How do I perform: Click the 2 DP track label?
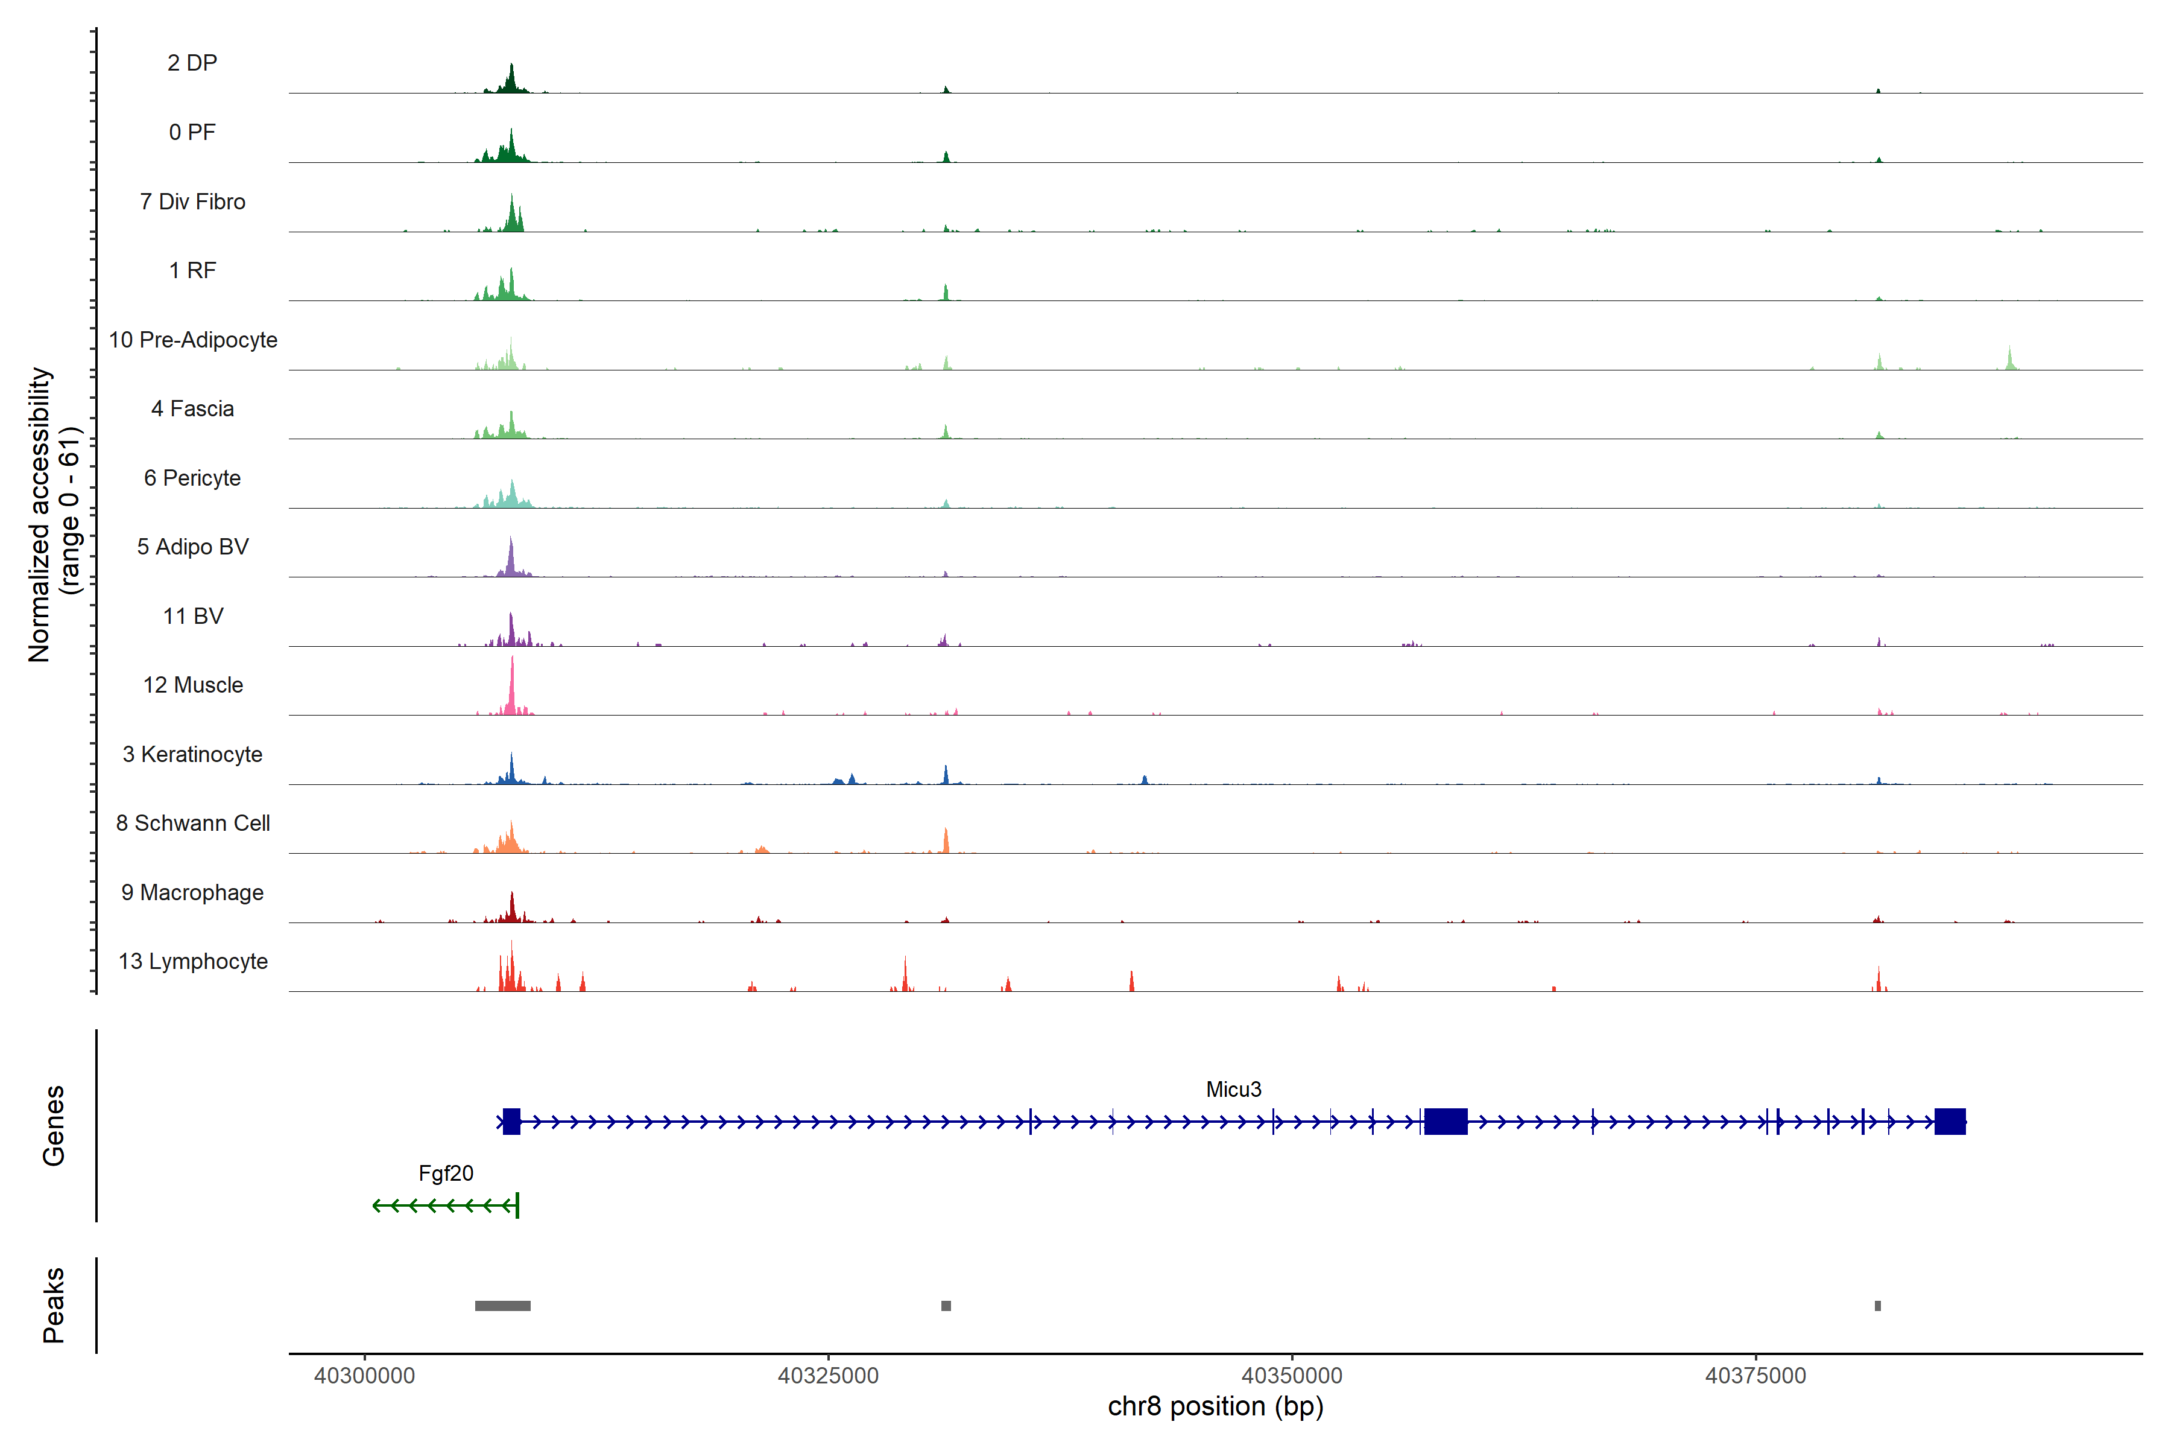pyautogui.click(x=192, y=63)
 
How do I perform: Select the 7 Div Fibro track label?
pyautogui.click(x=192, y=202)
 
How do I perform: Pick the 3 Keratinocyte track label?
pyautogui.click(x=192, y=755)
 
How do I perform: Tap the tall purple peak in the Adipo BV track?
pyautogui.click(x=510, y=554)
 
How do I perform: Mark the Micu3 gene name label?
pyautogui.click(x=1233, y=1090)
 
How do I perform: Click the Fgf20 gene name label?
pyautogui.click(x=446, y=1173)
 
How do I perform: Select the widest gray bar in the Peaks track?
pyautogui.click(x=502, y=1306)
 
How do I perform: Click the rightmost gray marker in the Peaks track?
pyautogui.click(x=1877, y=1306)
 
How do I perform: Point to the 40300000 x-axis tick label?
pyautogui.click(x=365, y=1376)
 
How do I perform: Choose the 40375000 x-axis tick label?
pyautogui.click(x=1755, y=1376)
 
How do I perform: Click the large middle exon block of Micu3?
pyautogui.click(x=1446, y=1122)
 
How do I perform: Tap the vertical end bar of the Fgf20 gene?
pyautogui.click(x=518, y=1205)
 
